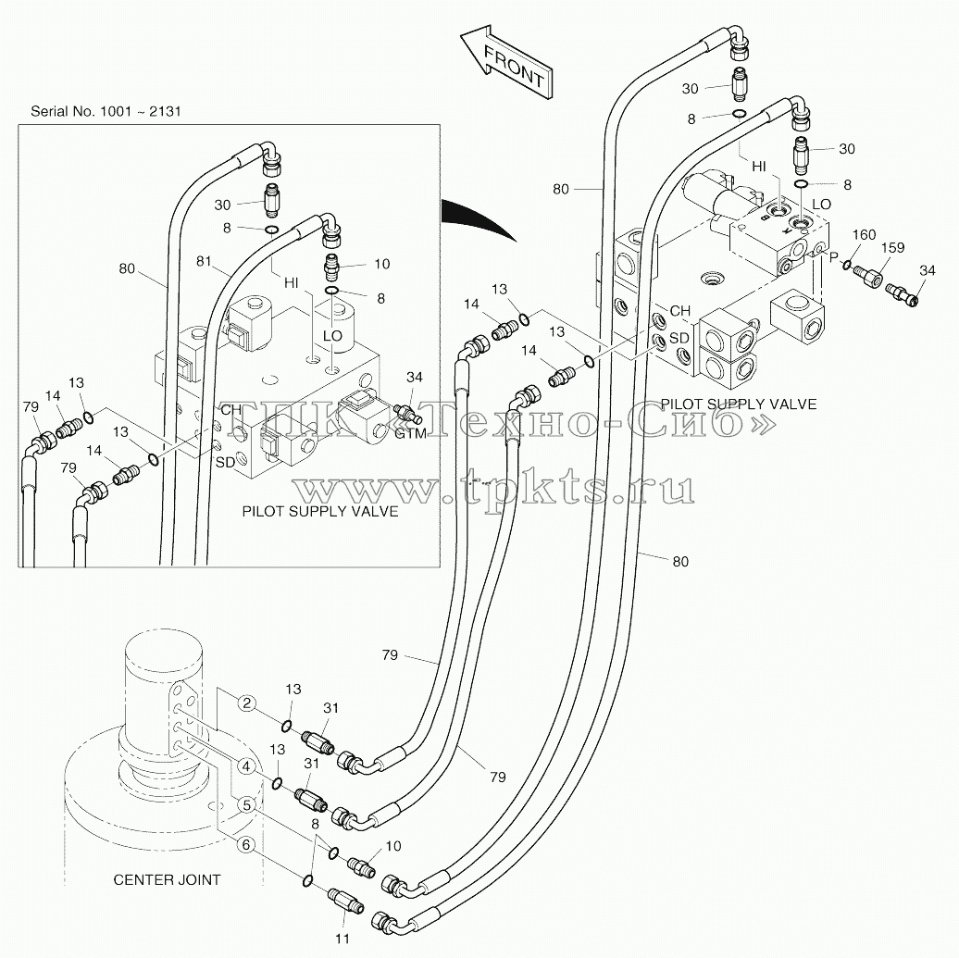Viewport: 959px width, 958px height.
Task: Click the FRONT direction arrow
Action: click(507, 62)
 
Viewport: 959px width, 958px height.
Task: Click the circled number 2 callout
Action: click(246, 703)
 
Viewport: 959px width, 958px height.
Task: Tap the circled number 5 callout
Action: click(246, 805)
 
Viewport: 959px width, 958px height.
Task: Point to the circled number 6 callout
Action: click(246, 845)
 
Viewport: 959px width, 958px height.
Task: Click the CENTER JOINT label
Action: click(167, 879)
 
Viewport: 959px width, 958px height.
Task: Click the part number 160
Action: click(864, 235)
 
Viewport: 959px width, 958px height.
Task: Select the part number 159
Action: click(893, 248)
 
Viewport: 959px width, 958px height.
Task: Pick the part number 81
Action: click(204, 261)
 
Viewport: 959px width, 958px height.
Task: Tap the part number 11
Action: click(342, 939)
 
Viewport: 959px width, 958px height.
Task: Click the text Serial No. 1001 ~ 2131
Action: click(106, 111)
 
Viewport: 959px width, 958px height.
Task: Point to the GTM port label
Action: click(410, 434)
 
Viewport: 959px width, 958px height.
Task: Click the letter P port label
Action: click(833, 257)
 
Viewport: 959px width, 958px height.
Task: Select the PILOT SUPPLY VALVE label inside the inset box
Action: click(320, 512)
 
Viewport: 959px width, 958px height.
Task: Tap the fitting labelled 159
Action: click(868, 277)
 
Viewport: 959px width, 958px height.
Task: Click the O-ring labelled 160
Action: click(847, 265)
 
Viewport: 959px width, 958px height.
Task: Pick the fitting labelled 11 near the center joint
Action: click(346, 901)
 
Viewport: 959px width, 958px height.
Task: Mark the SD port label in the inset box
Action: click(226, 463)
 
